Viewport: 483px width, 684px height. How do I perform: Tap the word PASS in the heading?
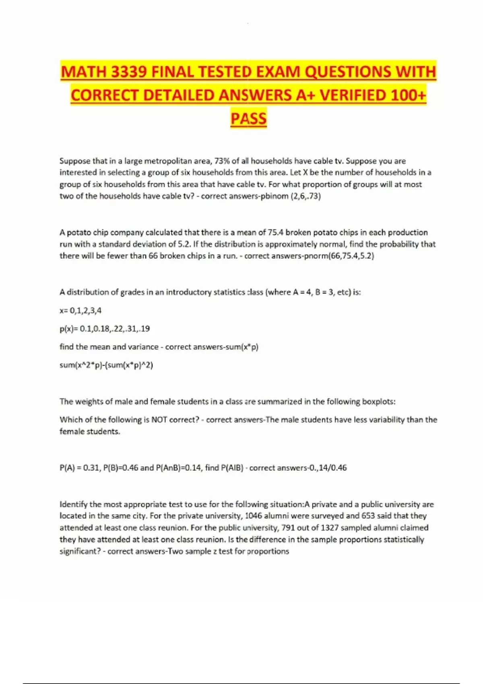pos(248,119)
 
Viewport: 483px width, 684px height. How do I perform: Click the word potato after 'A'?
pos(79,233)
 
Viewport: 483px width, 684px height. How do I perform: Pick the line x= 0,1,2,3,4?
pos(80,311)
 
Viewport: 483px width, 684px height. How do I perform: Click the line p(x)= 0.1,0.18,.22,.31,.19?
pos(105,329)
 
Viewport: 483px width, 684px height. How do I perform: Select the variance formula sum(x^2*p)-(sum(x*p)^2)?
pos(106,365)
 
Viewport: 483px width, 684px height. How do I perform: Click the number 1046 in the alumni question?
pos(253,516)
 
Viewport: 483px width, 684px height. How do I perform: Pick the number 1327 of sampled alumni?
pos(330,528)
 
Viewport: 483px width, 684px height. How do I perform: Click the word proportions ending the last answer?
pos(268,552)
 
